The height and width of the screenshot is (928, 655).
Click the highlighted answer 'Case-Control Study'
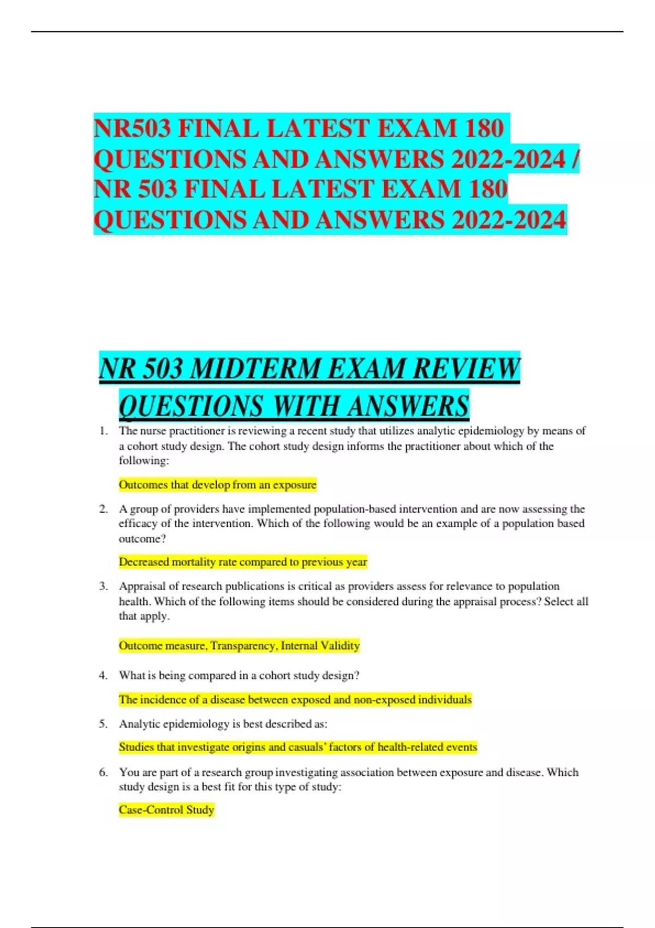[166, 810]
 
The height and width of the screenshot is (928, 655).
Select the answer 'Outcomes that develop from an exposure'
[217, 485]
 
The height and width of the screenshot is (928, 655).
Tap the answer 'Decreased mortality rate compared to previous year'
[243, 562]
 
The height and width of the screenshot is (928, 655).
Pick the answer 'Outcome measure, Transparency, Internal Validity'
[239, 646]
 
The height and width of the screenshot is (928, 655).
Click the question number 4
[103, 676]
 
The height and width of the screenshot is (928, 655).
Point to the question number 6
[103, 772]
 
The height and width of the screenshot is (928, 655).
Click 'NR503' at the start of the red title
[132, 129]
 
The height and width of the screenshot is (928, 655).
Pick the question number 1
[103, 431]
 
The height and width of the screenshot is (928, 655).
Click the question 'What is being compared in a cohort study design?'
[239, 676]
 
